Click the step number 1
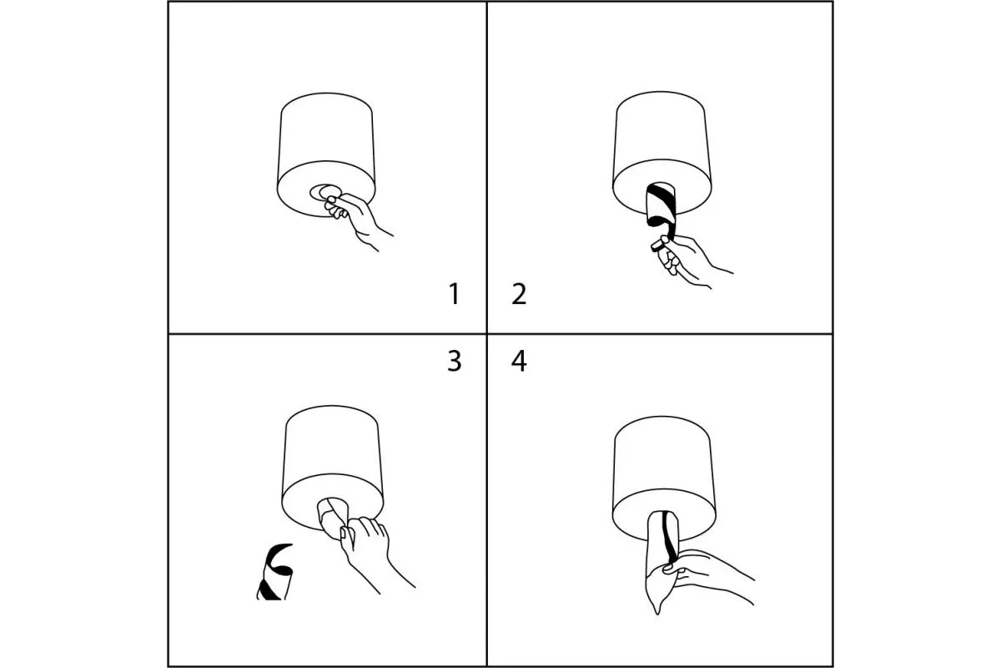point(454,294)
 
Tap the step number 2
point(519,294)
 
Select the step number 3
point(454,361)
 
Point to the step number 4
point(519,361)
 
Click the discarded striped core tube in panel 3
point(274,572)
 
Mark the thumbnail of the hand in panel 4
point(667,569)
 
